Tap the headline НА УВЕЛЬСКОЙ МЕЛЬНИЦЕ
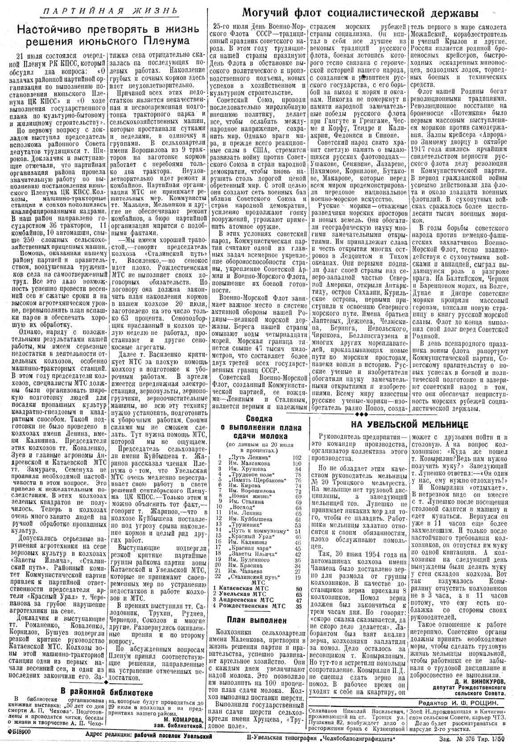[409, 424]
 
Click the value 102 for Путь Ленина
[297, 458]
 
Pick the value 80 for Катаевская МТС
[298, 588]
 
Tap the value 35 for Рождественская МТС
[298, 606]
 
